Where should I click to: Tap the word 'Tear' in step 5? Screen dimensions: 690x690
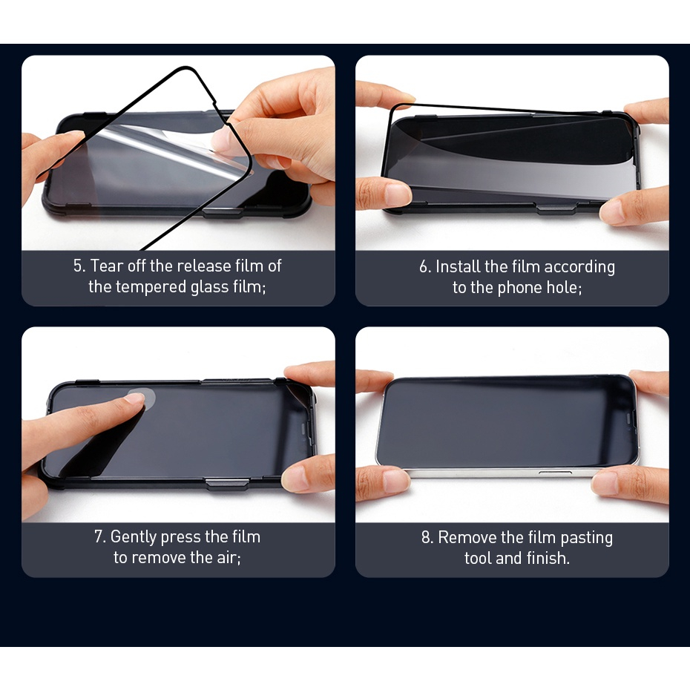coord(107,266)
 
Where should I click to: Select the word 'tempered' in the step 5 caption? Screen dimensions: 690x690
coord(148,287)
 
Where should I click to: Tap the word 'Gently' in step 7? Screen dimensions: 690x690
coord(134,537)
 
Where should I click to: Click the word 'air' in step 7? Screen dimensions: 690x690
coord(227,558)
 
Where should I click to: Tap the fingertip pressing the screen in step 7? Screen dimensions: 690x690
coord(134,398)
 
